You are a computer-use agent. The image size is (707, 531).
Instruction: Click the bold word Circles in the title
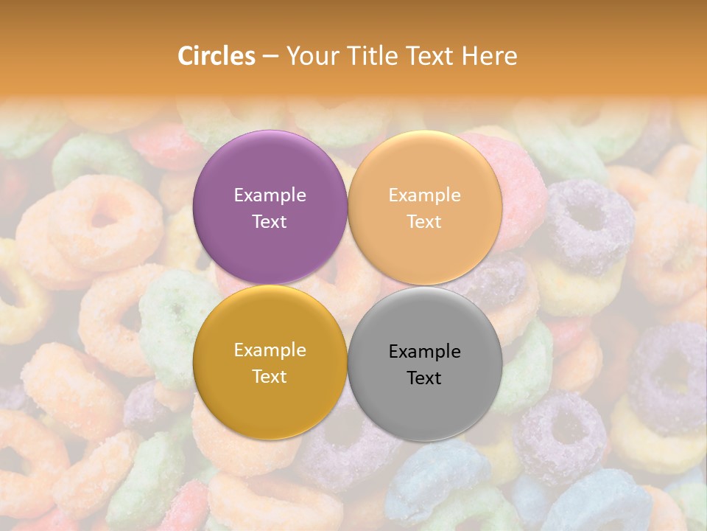(217, 56)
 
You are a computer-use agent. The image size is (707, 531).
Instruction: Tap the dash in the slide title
(270, 57)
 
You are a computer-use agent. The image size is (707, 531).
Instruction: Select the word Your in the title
(309, 56)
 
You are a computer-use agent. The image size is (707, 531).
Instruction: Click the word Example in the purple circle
(270, 195)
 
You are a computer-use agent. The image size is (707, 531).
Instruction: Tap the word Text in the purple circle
(270, 222)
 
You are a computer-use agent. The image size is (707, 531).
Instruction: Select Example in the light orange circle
(424, 195)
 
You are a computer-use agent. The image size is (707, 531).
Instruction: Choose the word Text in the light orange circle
(424, 222)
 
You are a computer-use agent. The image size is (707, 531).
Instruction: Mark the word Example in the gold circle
(270, 350)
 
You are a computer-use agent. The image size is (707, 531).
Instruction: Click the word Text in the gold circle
(270, 377)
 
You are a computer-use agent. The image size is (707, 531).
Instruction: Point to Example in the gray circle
(424, 352)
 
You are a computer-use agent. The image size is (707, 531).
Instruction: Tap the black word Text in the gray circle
(424, 378)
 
